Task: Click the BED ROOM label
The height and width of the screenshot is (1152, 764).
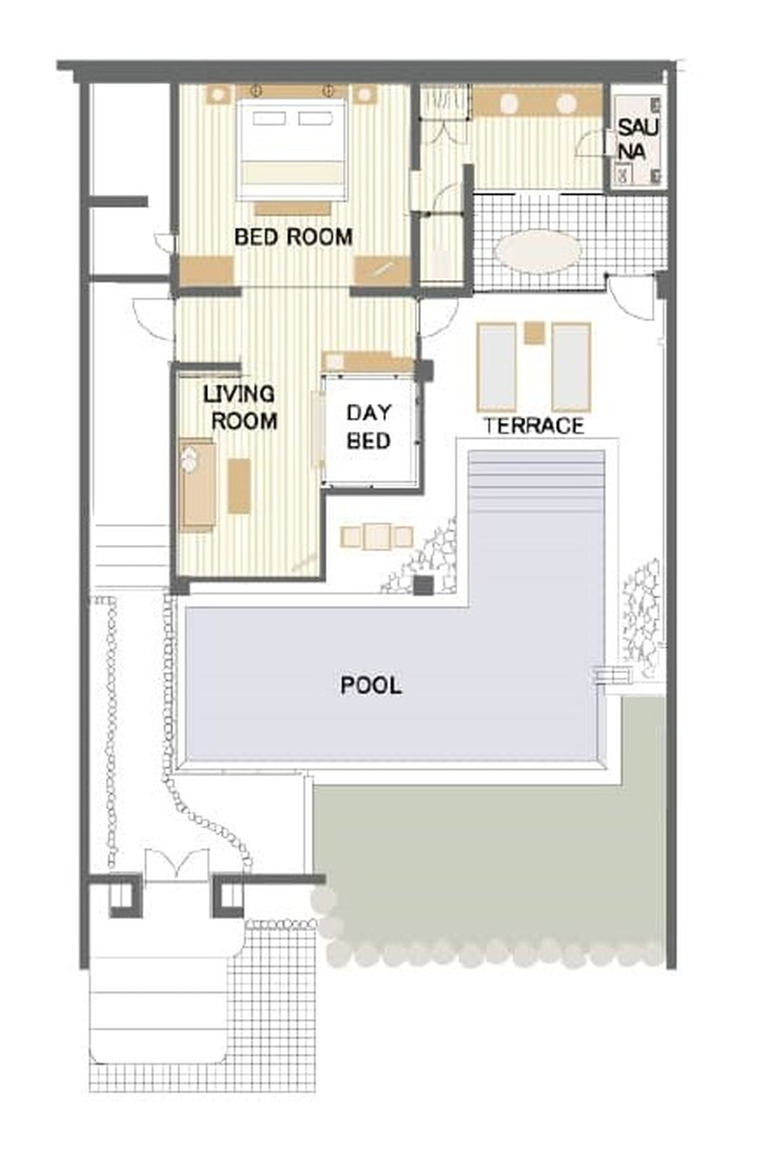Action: click(x=294, y=237)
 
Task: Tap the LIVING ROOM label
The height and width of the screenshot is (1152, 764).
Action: click(x=240, y=407)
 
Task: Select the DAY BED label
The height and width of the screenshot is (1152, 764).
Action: click(x=369, y=426)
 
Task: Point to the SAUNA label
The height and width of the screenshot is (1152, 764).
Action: click(x=638, y=139)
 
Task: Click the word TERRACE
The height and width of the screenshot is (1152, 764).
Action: click(x=534, y=426)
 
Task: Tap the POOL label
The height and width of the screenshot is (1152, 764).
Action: click(x=371, y=685)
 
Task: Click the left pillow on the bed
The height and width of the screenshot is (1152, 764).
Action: click(x=270, y=119)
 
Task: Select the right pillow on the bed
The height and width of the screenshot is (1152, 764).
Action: click(x=315, y=119)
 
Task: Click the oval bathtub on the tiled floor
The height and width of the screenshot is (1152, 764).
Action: click(x=538, y=252)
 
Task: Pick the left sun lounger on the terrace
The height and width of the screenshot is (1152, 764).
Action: click(x=497, y=367)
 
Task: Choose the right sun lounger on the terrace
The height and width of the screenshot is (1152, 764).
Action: click(x=571, y=367)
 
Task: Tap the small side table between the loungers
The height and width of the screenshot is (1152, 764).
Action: click(x=534, y=333)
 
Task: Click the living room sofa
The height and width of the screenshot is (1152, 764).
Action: click(x=197, y=484)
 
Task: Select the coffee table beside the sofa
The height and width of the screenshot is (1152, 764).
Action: click(x=239, y=485)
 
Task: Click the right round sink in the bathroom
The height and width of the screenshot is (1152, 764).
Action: click(x=567, y=104)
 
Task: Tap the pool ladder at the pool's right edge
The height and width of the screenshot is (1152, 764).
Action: click(x=608, y=675)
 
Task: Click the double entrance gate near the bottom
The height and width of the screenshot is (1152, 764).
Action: click(x=176, y=866)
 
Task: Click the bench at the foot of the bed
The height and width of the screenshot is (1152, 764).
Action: click(x=293, y=208)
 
